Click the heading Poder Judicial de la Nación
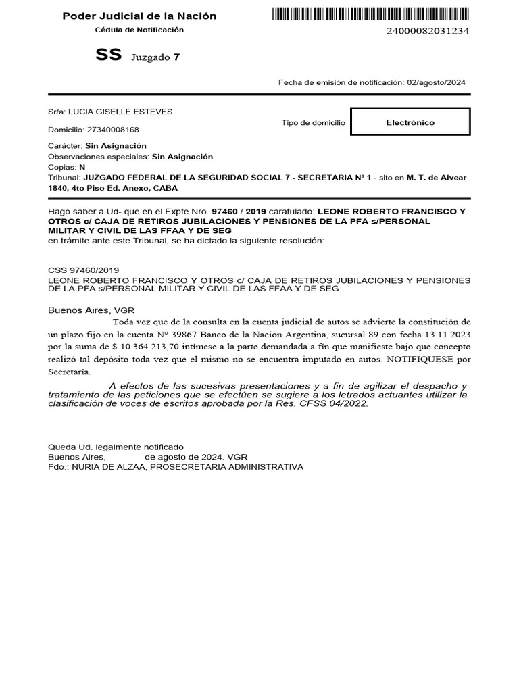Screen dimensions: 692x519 pos(139,16)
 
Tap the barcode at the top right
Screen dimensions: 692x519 pos(372,14)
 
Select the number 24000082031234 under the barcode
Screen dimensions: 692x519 pos(428,31)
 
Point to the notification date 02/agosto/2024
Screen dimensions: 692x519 pos(436,82)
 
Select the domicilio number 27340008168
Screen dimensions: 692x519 pos(114,129)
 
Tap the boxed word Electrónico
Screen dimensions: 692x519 pos(410,122)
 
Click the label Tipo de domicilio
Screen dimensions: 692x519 pos(312,123)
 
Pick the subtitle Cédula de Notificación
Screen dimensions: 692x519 pos(139,30)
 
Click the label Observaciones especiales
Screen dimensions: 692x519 pos(98,156)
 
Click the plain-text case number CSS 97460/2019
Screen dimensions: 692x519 pos(83,270)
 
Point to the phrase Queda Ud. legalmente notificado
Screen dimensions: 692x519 pos(115,447)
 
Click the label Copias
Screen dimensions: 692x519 pos(61,166)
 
